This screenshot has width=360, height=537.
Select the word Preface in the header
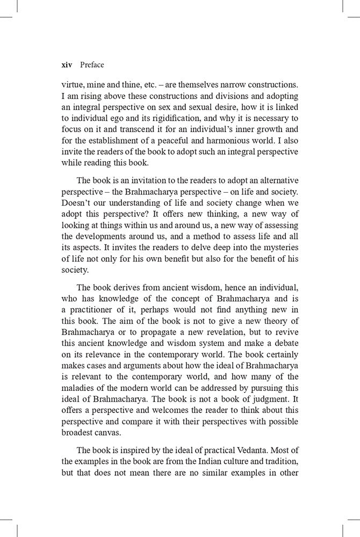[x=91, y=65]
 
